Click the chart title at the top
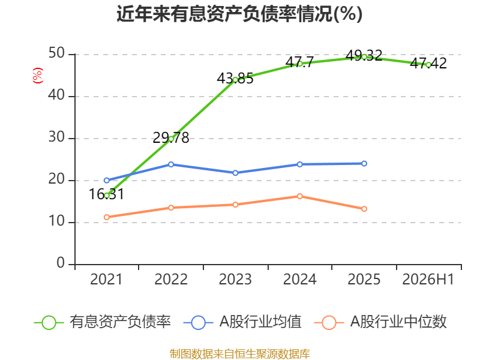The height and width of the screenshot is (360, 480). (x=239, y=14)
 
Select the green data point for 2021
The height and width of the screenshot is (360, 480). (x=107, y=196)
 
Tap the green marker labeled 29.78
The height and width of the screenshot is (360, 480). (x=171, y=139)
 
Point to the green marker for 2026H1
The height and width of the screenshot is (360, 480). (x=428, y=65)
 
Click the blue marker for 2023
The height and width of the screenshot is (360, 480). (x=235, y=173)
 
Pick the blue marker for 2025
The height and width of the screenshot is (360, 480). (x=364, y=163)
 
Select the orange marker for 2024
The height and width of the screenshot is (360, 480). (x=300, y=196)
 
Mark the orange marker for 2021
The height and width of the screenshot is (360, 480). (x=107, y=217)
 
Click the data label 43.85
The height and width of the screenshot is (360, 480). (x=235, y=79)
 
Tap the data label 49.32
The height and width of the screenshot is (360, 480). (x=364, y=55)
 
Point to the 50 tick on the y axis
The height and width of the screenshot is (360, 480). (x=56, y=53)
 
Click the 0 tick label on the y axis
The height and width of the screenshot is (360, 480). (x=61, y=263)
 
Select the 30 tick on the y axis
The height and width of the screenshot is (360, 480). (x=56, y=137)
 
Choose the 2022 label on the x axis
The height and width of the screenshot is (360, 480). (x=171, y=280)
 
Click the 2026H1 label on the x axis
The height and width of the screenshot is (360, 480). (x=428, y=280)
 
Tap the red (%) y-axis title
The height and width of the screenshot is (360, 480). (x=38, y=76)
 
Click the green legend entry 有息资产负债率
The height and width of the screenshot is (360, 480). (x=103, y=322)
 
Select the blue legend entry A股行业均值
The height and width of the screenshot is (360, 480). (x=242, y=322)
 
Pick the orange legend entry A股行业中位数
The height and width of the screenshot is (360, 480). (x=380, y=322)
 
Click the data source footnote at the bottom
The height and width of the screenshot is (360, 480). (x=240, y=354)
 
